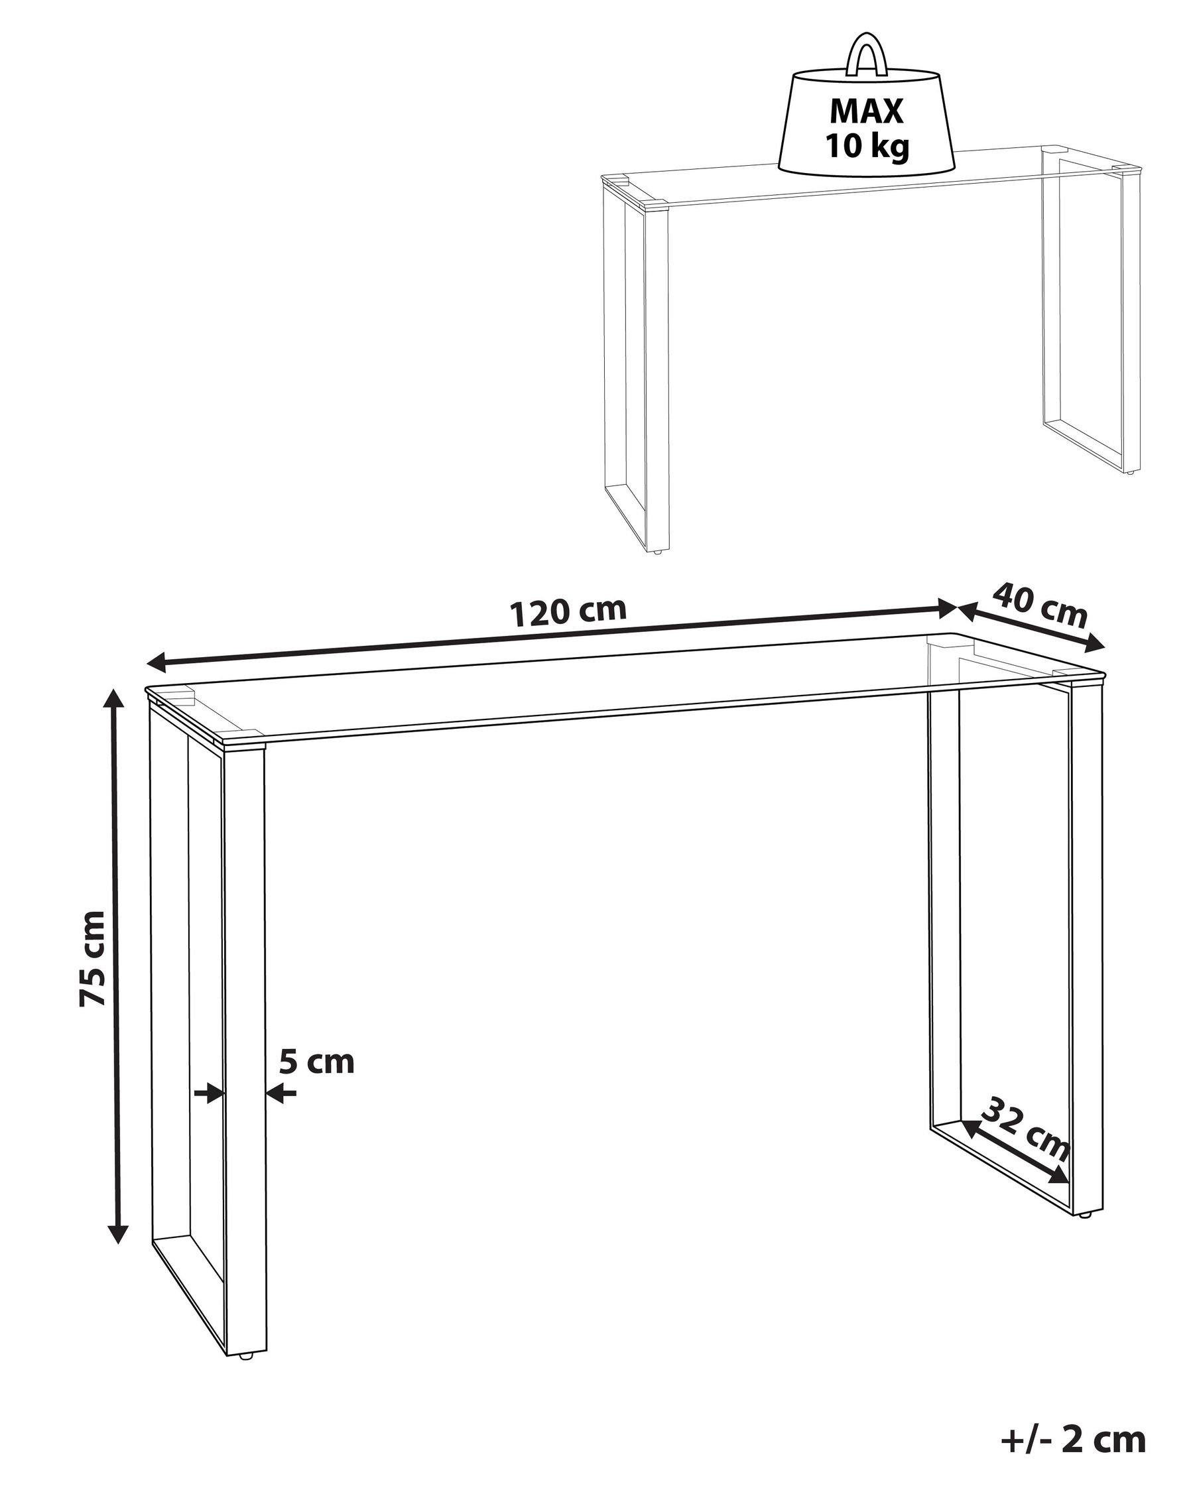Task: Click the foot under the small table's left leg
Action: [657, 551]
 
